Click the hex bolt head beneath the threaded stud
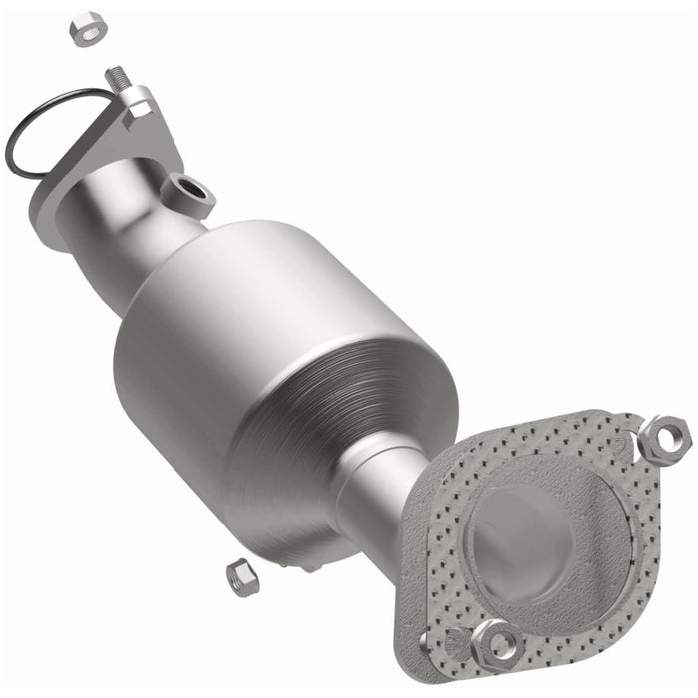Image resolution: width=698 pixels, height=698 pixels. coord(137,101)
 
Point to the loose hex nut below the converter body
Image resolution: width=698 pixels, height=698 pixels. coord(241,576)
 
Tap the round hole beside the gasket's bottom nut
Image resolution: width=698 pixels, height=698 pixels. coord(454,638)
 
